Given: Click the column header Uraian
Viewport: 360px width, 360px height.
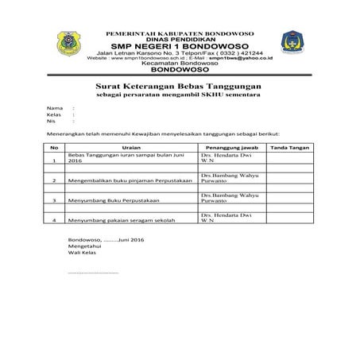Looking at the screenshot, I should click(130, 148).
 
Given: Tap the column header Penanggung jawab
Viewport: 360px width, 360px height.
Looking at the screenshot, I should click(232, 148).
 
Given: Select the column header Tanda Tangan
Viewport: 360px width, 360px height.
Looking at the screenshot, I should click(289, 148).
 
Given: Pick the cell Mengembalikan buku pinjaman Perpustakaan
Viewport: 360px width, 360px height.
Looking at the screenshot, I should click(130, 180).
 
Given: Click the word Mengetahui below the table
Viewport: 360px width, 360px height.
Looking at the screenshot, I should click(85, 247).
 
